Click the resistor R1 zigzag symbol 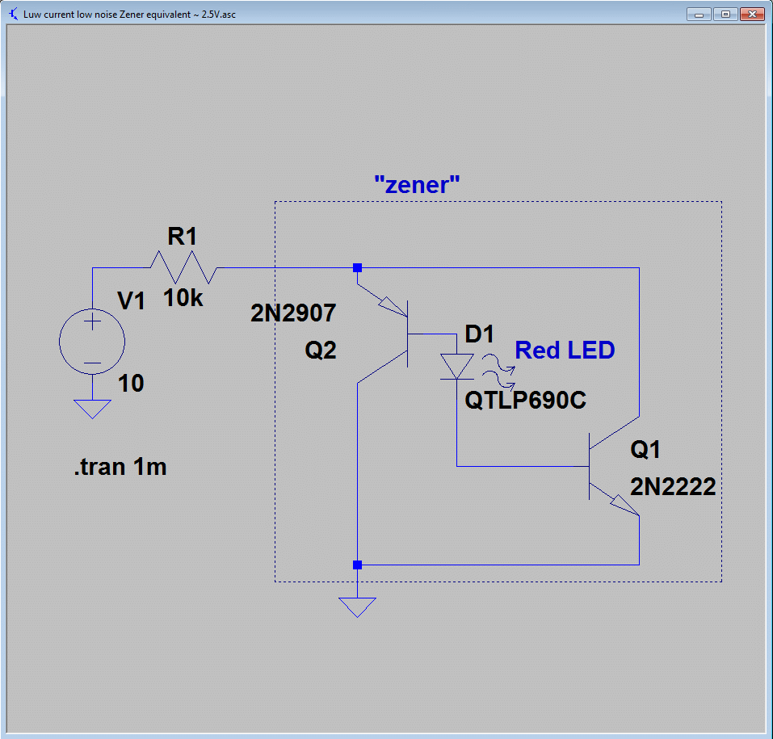(x=183, y=267)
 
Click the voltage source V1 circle (x=92, y=341)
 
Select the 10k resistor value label (x=183, y=297)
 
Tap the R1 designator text (x=183, y=237)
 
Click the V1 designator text (x=132, y=301)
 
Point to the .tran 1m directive (x=120, y=467)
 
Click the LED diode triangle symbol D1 (x=456, y=366)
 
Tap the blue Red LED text (x=565, y=351)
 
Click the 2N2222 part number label (x=673, y=486)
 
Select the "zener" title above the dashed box (x=417, y=184)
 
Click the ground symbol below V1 (x=92, y=409)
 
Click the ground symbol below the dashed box (x=357, y=607)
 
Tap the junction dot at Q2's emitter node (x=357, y=267)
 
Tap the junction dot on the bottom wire (x=357, y=565)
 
